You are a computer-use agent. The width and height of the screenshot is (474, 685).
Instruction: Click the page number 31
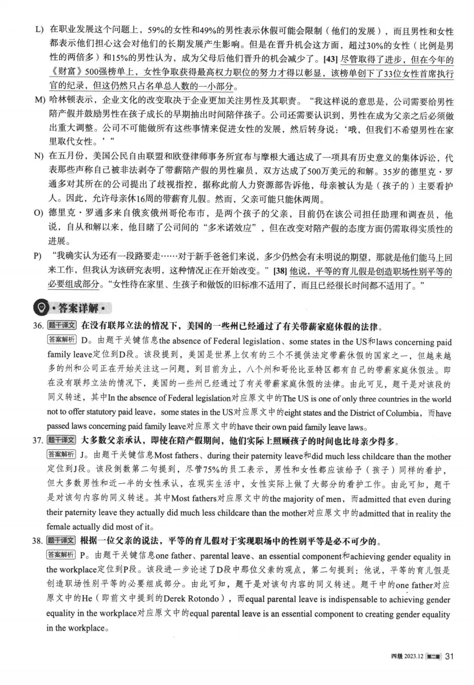click(x=449, y=656)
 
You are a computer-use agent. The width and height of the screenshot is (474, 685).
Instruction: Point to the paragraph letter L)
click(x=40, y=30)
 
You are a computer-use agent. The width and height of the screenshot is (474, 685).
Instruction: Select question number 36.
click(x=38, y=326)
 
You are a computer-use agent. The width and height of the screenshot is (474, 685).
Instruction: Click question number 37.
click(x=38, y=440)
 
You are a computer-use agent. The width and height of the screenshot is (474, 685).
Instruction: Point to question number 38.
click(x=38, y=541)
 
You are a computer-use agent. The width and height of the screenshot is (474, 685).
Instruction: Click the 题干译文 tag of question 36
click(x=62, y=326)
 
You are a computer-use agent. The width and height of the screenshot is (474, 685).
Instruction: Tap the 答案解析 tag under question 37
click(x=61, y=455)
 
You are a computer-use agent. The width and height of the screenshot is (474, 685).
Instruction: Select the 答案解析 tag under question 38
click(x=61, y=555)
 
